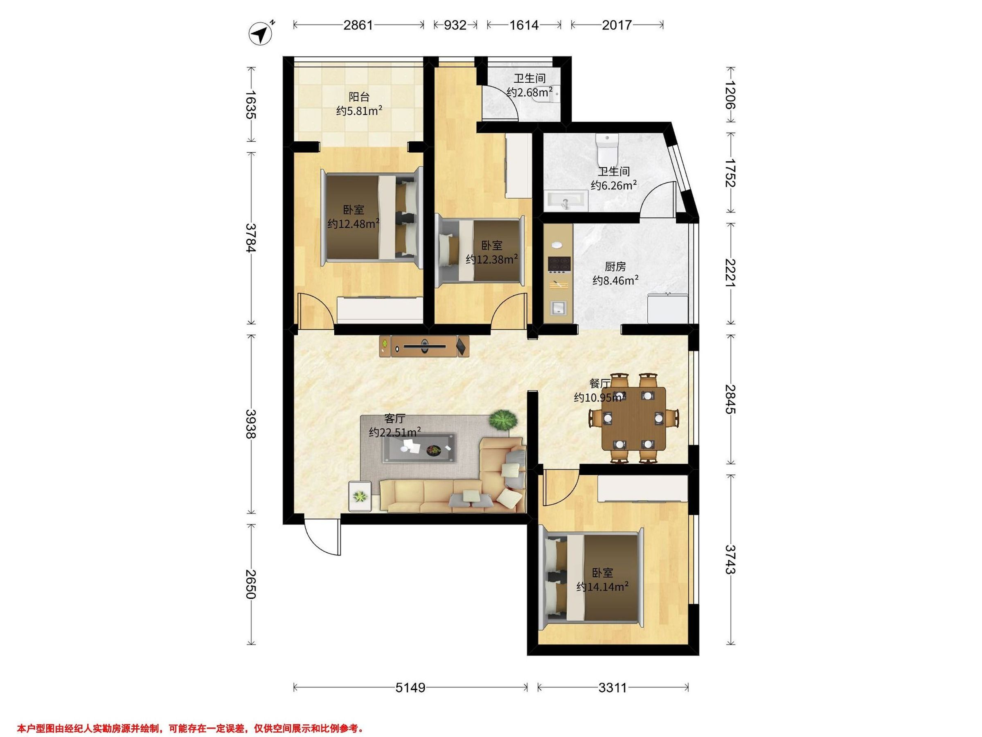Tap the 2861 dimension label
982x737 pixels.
click(x=358, y=25)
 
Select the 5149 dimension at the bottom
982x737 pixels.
click(x=411, y=688)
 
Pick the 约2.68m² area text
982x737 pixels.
click(x=529, y=93)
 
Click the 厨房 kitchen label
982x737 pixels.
click(x=615, y=267)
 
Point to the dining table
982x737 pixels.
click(x=633, y=419)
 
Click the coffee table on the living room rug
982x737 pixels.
click(x=419, y=448)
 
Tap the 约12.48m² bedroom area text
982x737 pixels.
click(x=354, y=224)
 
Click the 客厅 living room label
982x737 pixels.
click(x=395, y=418)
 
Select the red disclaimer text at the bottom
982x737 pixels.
click(x=191, y=728)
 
